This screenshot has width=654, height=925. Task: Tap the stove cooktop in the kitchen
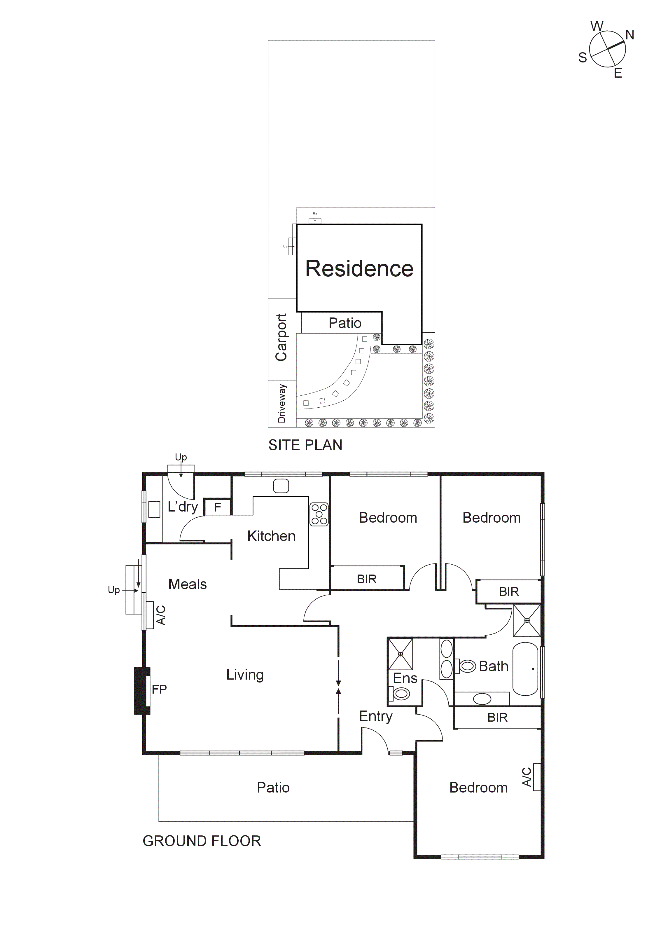pyautogui.click(x=319, y=514)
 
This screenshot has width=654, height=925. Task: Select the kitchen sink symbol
pyautogui.click(x=281, y=486)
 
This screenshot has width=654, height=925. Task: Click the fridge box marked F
pyautogui.click(x=217, y=507)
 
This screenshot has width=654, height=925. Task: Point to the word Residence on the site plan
pyautogui.click(x=359, y=268)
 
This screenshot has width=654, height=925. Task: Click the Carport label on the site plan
pyautogui.click(x=281, y=337)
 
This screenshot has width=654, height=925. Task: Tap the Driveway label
pyautogui.click(x=282, y=403)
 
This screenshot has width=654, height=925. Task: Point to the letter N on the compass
pyautogui.click(x=629, y=35)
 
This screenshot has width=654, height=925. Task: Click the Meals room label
pyautogui.click(x=187, y=584)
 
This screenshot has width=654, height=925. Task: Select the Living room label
pyautogui.click(x=245, y=675)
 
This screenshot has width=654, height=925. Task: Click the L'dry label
pyautogui.click(x=183, y=507)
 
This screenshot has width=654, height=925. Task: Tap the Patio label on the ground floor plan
pyautogui.click(x=273, y=788)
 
